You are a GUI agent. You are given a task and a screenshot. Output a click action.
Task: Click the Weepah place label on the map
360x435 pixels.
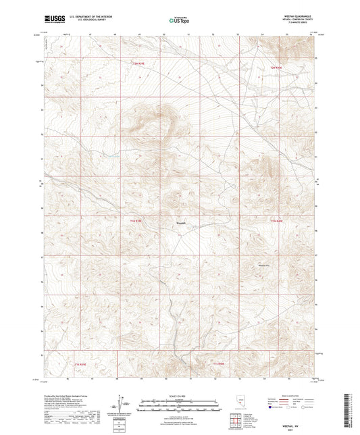[181, 225]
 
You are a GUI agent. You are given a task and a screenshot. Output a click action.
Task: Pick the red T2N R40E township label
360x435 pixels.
[275, 68]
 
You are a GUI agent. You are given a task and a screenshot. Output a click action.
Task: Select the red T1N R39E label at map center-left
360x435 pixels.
[136, 221]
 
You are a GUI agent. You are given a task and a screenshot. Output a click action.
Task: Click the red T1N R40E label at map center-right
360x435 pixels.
[276, 221]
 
